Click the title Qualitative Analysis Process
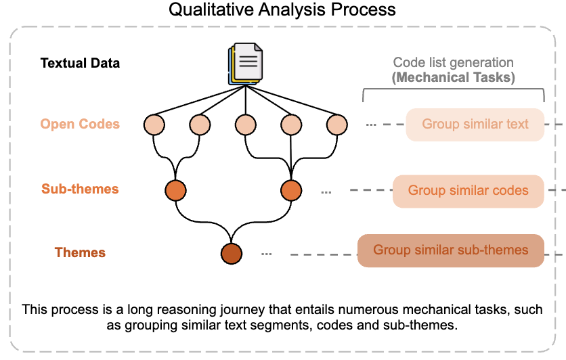tap(282, 10)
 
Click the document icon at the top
tap(245, 64)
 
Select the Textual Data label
tap(80, 64)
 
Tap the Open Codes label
tap(80, 125)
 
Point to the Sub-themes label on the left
tap(80, 189)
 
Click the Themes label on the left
tap(80, 253)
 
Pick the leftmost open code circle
tap(154, 125)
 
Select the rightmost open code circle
tap(336, 125)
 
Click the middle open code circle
tap(245, 125)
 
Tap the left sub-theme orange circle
tap(176, 190)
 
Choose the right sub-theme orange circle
tap(291, 190)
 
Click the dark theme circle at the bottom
tap(231, 254)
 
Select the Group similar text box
tap(475, 125)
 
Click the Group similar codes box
tap(469, 191)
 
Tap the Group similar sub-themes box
tap(450, 250)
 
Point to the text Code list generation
tap(454, 63)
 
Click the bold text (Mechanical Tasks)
tap(454, 77)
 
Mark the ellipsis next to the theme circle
tap(266, 254)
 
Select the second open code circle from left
tap(200, 125)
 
